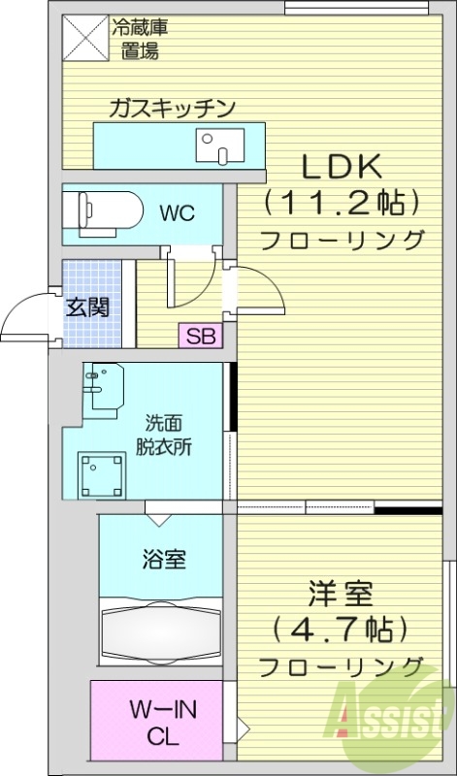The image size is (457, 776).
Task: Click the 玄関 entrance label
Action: point(87,307)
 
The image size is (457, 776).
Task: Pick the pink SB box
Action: point(201,337)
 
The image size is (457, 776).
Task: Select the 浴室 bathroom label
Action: point(163,560)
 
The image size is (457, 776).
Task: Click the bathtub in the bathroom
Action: point(161,635)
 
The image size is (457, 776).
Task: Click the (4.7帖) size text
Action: point(343,630)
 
